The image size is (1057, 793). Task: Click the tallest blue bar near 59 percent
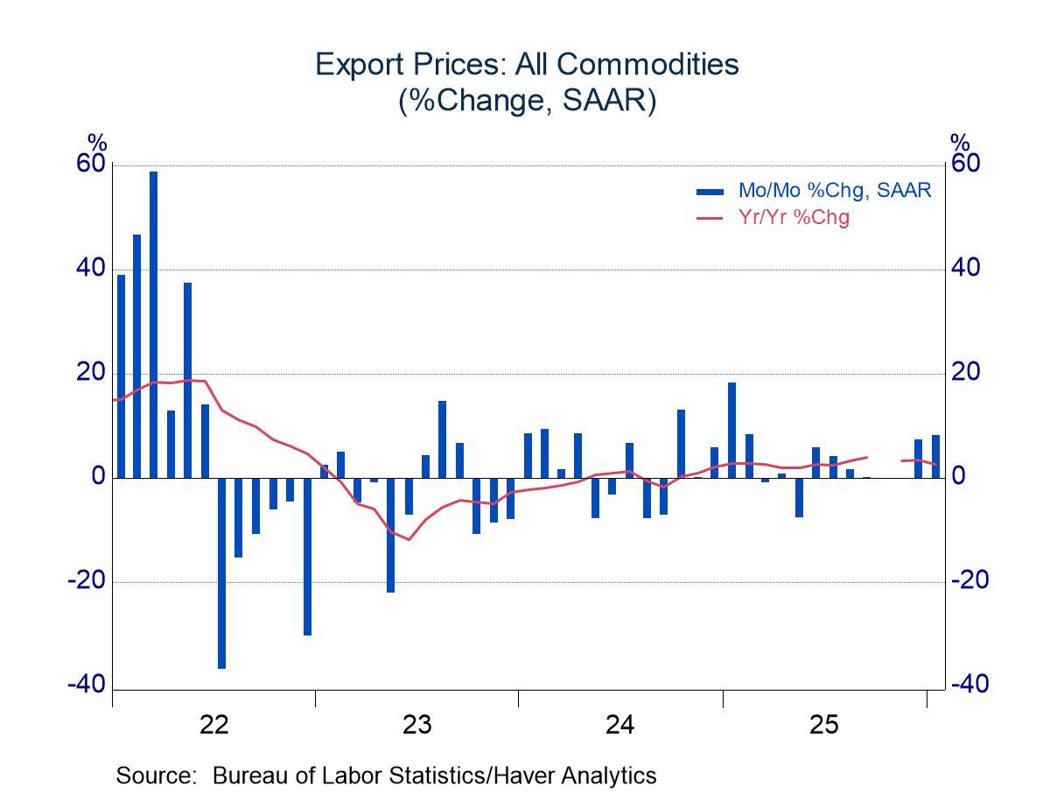click(x=153, y=324)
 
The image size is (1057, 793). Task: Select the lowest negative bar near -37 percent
click(x=221, y=572)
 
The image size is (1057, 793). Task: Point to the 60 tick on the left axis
click(x=92, y=165)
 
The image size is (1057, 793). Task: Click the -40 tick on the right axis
click(x=969, y=685)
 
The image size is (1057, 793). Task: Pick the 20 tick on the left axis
click(x=92, y=373)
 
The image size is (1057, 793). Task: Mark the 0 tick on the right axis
click(x=959, y=477)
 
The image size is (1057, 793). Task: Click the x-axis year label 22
click(x=213, y=725)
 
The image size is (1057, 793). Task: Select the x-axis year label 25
click(x=824, y=725)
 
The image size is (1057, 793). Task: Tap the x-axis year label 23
click(x=416, y=725)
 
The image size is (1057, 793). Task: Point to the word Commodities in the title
click(x=649, y=66)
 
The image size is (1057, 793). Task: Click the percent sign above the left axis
click(x=96, y=143)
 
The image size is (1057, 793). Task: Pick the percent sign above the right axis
click(x=960, y=143)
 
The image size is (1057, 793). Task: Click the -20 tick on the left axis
click(x=87, y=581)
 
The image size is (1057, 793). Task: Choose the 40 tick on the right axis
click(x=966, y=269)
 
